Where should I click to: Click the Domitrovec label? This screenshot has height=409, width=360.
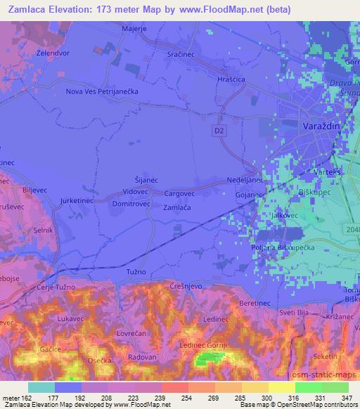point(131,203)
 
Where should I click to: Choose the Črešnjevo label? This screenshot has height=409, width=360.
point(186,283)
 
